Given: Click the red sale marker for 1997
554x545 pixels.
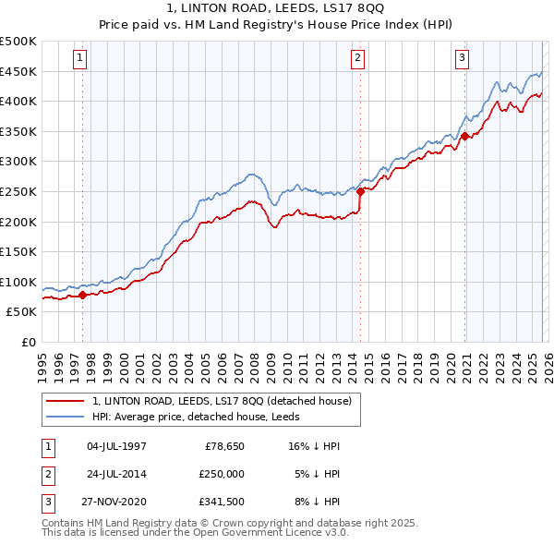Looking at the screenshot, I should pos(82,295).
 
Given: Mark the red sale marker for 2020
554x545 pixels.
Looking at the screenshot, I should pos(464,136).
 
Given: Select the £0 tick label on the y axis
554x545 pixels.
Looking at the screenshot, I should pos(28,342).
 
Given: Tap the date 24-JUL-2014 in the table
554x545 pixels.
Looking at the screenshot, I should pos(116,474).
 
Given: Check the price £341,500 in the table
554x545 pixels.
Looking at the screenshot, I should pos(222,502).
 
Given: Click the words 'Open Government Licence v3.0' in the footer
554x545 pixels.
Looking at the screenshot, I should pos(273,533).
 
